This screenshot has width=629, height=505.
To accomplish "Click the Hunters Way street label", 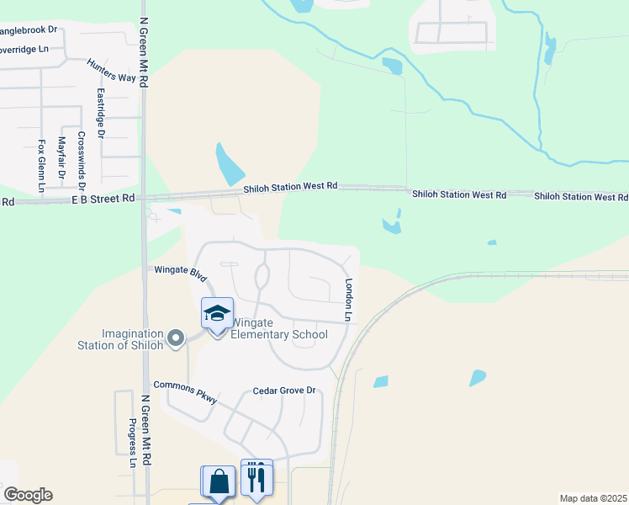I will coord(111,71).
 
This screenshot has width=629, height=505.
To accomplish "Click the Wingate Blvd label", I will coord(180,272).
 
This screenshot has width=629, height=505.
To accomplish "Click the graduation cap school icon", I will coord(217,314).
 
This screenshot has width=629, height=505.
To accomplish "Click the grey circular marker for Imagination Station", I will coord(176,338).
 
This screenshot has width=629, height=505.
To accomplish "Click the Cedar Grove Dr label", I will coord(284,391).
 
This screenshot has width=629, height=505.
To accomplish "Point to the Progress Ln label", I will coord(133,444).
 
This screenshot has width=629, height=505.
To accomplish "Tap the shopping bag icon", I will coord(219,482).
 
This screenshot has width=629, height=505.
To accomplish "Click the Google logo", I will coord(28,495).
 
